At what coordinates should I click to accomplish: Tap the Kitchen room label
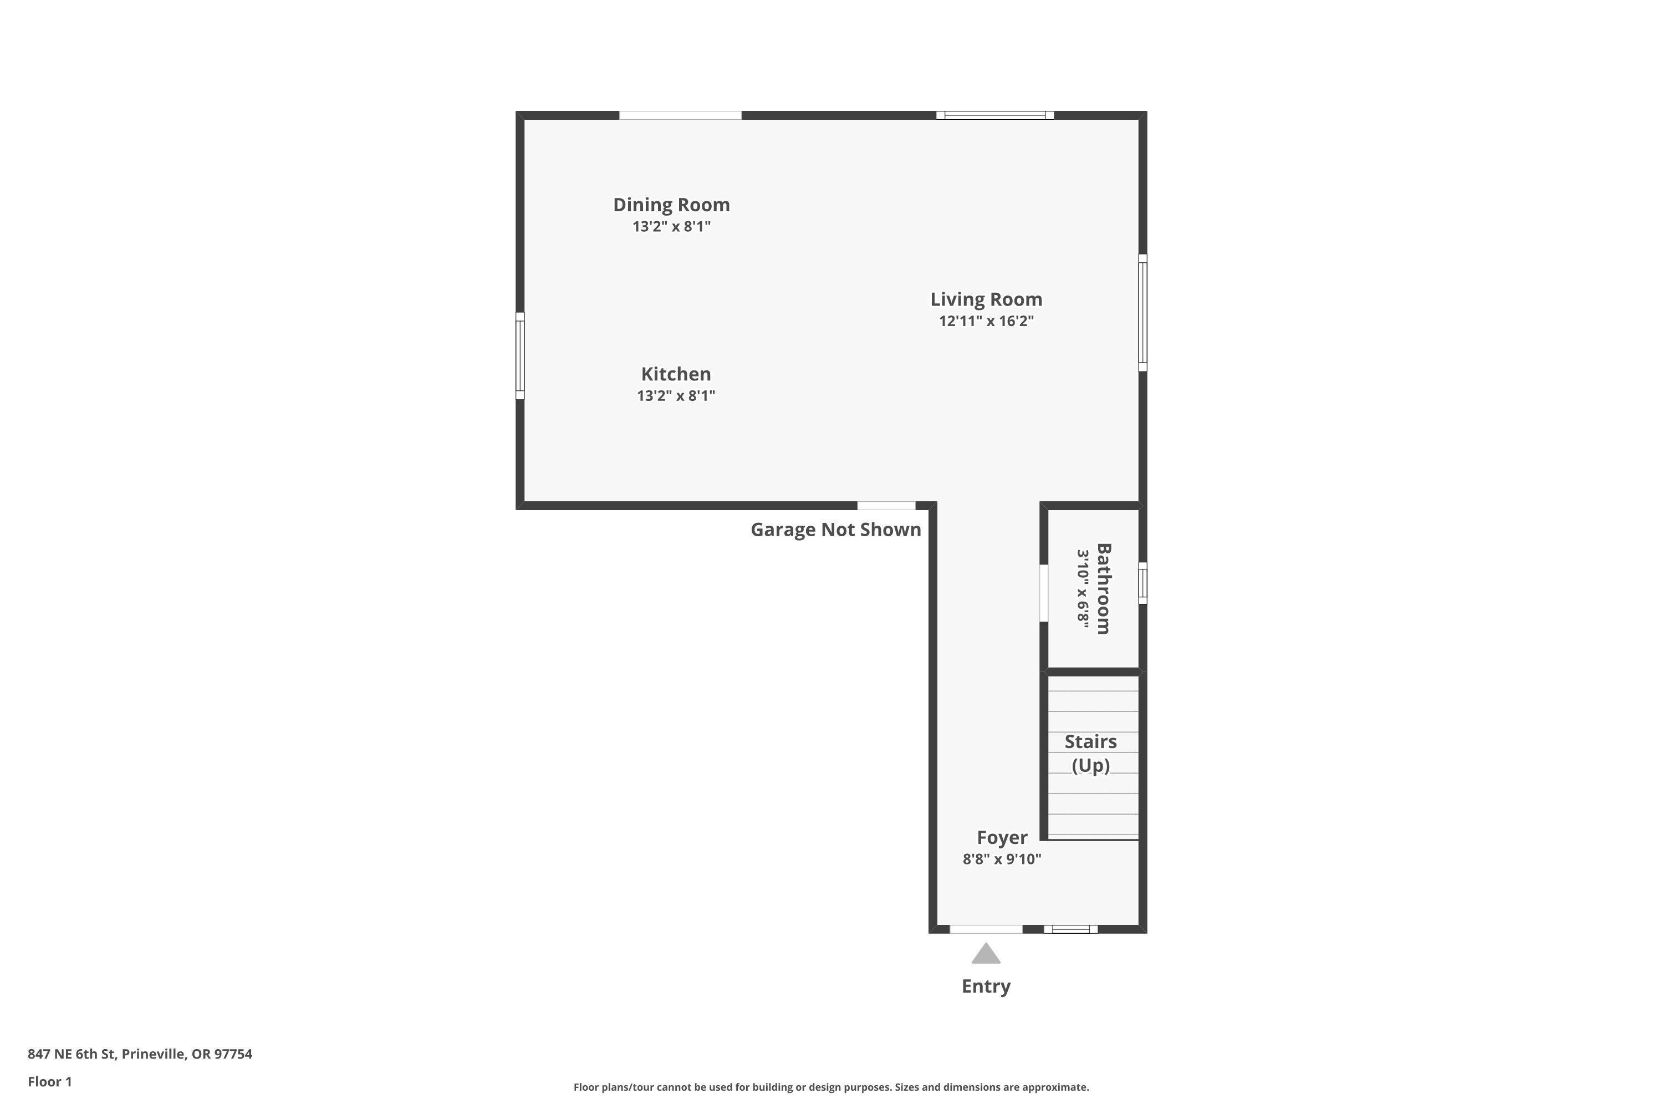(676, 374)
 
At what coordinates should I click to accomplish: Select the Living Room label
(986, 300)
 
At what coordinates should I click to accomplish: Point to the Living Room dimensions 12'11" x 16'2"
(986, 321)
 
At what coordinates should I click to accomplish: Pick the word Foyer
(1001, 838)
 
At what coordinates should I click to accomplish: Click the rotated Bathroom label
(1103, 588)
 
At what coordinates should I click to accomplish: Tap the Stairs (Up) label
(1090, 753)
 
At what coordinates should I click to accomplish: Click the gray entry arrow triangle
(986, 954)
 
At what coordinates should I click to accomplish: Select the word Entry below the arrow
(986, 986)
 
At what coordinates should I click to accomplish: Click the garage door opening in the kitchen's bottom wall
(886, 506)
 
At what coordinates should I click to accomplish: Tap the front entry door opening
(986, 929)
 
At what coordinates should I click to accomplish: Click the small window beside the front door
(1070, 929)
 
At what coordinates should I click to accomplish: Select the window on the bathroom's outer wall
(1142, 583)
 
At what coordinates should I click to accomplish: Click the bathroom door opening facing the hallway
(1044, 593)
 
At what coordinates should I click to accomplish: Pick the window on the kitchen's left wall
(521, 356)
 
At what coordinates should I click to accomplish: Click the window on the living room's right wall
(1142, 313)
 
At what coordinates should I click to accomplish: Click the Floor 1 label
(49, 1081)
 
